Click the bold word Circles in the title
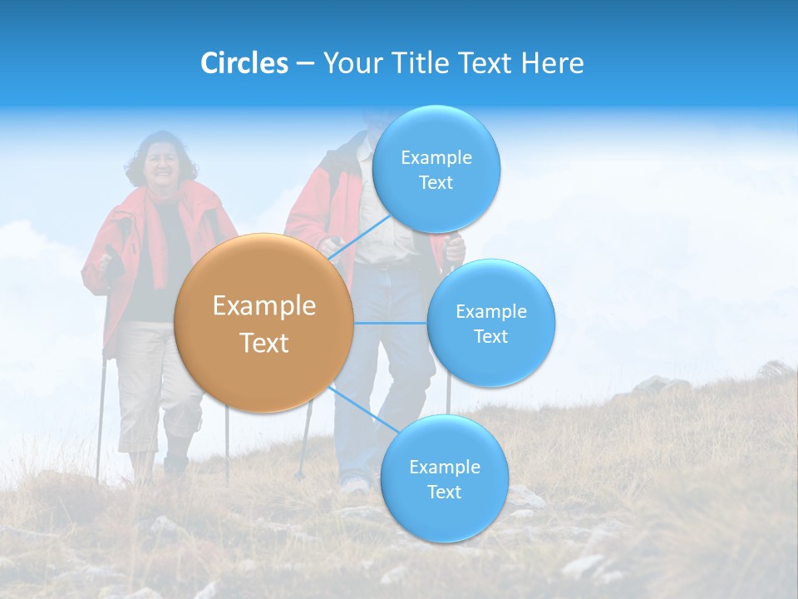244,63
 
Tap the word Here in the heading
552,63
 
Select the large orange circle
264,324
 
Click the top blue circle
436,169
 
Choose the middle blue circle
490,323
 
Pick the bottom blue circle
444,478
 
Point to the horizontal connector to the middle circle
391,323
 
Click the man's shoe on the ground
356,485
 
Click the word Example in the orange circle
264,306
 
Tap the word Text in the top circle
436,182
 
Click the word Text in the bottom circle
444,492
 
